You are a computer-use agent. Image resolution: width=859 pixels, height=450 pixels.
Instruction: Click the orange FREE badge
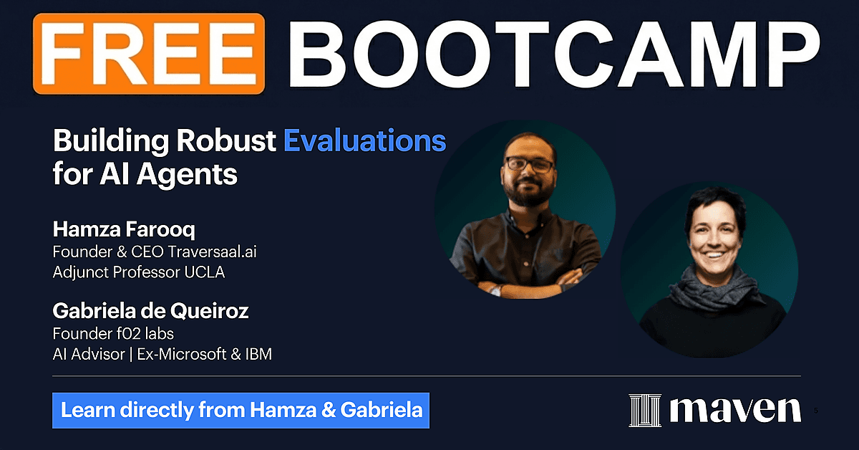pyautogui.click(x=149, y=54)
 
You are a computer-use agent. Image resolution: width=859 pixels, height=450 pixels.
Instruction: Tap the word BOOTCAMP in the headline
pyautogui.click(x=555, y=54)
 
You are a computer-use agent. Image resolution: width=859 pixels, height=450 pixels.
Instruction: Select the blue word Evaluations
pyautogui.click(x=364, y=140)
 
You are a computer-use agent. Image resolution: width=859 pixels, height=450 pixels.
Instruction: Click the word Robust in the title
pyautogui.click(x=226, y=140)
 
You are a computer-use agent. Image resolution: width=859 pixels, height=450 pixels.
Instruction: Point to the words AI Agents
pyautogui.click(x=169, y=175)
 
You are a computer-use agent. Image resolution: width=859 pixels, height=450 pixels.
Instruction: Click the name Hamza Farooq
pyautogui.click(x=124, y=229)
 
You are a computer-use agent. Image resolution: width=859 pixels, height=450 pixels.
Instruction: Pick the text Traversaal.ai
pyautogui.click(x=212, y=252)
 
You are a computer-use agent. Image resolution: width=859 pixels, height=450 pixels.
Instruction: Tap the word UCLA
pyautogui.click(x=205, y=272)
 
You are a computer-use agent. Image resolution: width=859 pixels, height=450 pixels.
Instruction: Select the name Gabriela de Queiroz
pyautogui.click(x=151, y=310)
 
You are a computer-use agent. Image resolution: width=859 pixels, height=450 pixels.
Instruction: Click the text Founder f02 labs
pyautogui.click(x=113, y=334)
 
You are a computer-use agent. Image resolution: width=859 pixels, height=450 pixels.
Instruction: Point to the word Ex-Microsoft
pyautogui.click(x=182, y=355)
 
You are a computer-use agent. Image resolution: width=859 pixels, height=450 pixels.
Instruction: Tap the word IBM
pyautogui.click(x=258, y=355)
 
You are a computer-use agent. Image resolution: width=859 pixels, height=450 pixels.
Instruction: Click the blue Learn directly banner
pyautogui.click(x=241, y=410)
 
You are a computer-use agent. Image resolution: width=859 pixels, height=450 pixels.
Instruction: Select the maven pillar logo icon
pyautogui.click(x=645, y=411)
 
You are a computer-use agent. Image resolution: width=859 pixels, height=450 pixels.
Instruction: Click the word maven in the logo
pyautogui.click(x=736, y=410)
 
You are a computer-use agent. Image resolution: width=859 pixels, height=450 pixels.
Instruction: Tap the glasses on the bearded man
pyautogui.click(x=530, y=164)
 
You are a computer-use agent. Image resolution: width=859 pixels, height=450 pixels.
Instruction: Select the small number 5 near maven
pyautogui.click(x=815, y=411)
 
